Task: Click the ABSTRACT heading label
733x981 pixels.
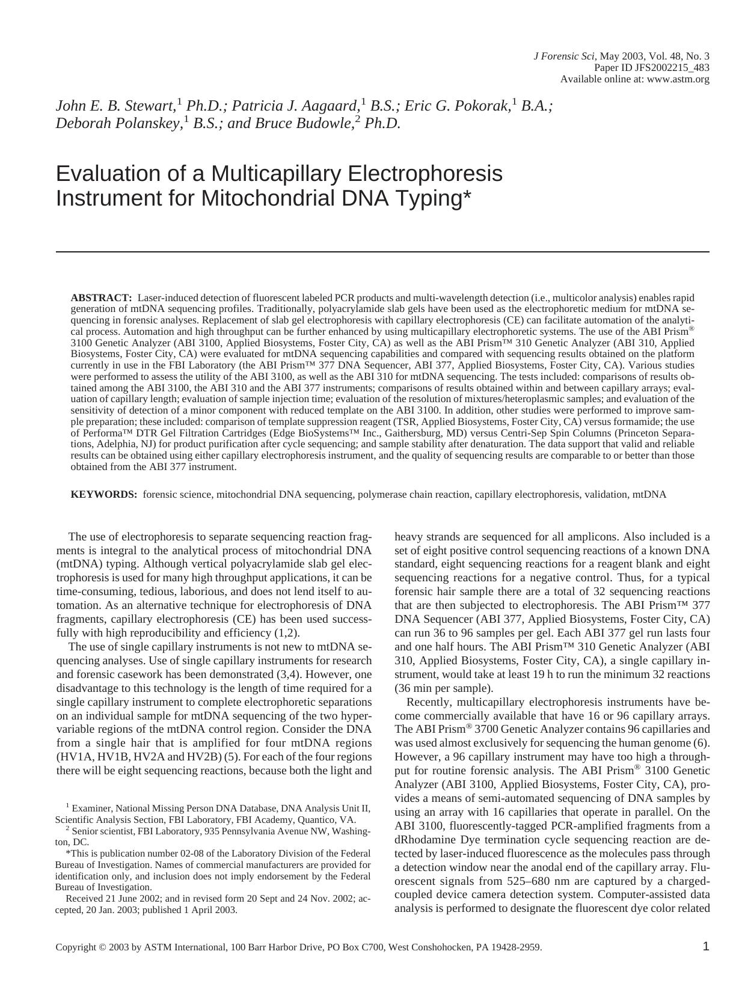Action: (101, 298)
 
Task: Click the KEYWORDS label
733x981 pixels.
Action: (104, 495)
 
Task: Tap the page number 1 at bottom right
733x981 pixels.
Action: (706, 947)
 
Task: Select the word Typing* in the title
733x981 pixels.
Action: (432, 198)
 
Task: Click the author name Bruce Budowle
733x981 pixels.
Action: (303, 123)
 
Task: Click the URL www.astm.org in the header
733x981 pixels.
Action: (678, 79)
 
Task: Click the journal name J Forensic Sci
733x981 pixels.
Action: (563, 57)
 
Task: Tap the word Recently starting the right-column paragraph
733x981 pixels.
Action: (429, 702)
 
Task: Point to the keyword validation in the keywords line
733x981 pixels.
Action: (602, 495)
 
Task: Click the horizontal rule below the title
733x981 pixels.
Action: (382, 252)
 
